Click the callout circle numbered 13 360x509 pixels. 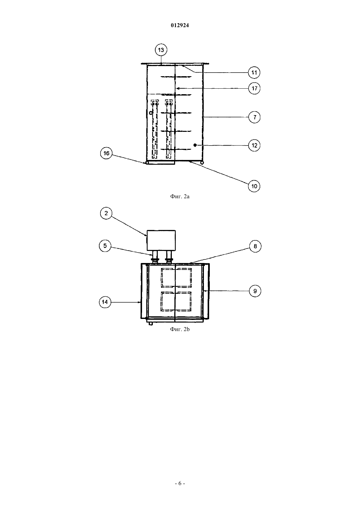[161, 50]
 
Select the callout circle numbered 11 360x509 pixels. [254, 73]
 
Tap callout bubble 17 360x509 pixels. [254, 88]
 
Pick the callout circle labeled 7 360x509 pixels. [254, 117]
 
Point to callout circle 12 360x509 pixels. [254, 145]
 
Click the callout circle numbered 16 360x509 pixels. [106, 153]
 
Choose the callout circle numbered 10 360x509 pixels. [254, 186]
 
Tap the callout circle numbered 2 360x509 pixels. [106, 213]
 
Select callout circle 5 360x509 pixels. [105, 246]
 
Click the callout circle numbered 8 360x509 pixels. [255, 246]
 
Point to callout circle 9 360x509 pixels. [255, 291]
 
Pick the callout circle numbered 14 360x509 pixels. [105, 302]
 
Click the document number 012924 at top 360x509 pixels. [180, 25]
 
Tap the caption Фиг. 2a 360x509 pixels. [180, 196]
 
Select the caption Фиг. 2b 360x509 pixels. [180, 329]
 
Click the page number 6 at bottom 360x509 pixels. [180, 483]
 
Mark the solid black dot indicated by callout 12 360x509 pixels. [195, 145]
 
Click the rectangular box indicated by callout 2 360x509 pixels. [161, 240]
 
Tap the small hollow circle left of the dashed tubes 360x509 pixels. [151, 113]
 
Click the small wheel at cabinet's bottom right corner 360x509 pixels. [202, 163]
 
